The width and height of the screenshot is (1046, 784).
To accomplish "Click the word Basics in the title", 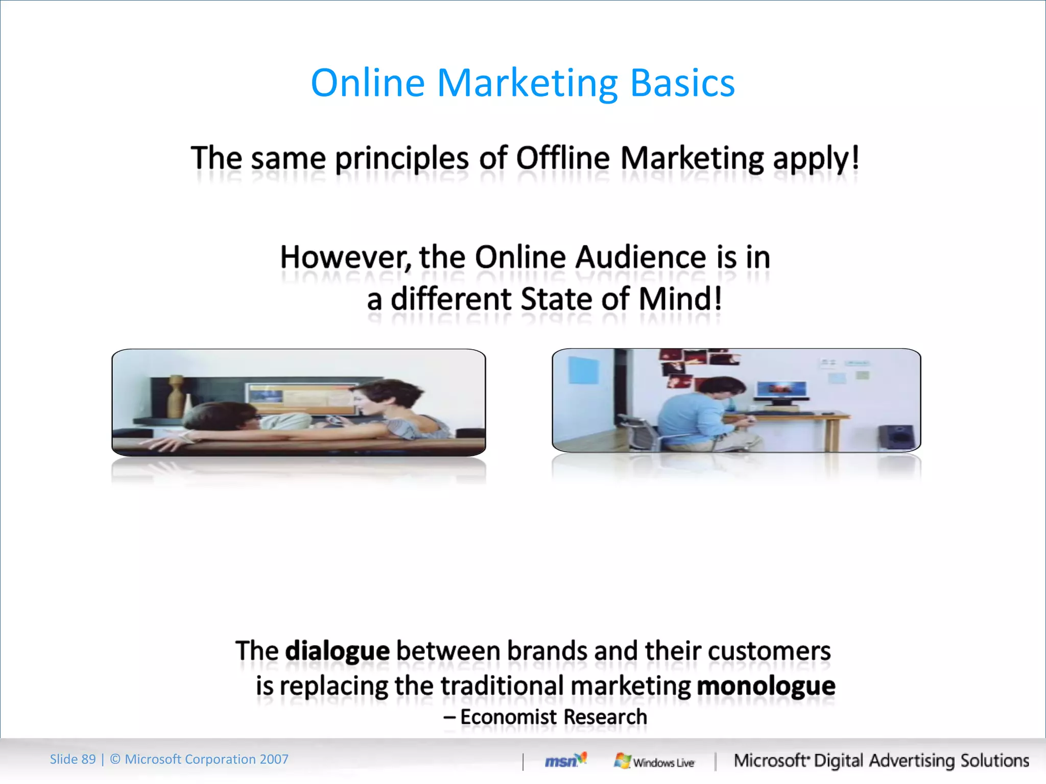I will (682, 83).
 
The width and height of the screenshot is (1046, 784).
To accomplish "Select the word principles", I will (401, 159).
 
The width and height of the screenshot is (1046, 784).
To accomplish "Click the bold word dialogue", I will (337, 651).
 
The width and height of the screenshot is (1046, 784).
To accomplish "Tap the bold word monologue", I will (766, 685).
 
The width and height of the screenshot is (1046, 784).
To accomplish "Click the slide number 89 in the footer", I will (88, 759).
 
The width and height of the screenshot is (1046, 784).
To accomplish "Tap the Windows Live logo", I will (654, 762).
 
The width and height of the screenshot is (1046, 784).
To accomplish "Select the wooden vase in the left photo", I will (176, 397).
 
